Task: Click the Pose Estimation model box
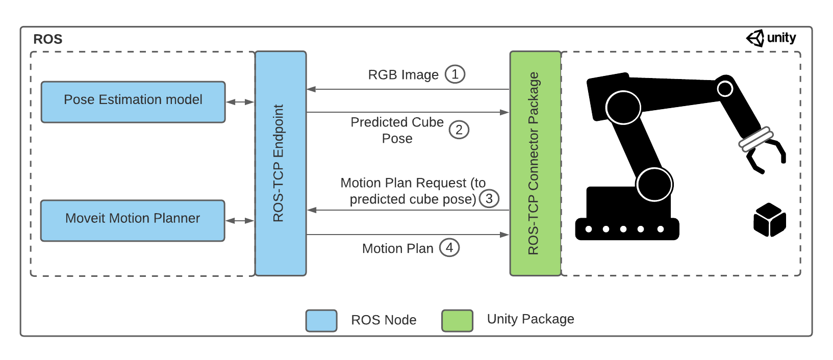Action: point(133,102)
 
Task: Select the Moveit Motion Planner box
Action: point(133,220)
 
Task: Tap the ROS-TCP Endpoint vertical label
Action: point(278,163)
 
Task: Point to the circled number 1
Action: point(455,74)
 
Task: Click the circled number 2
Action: point(459,130)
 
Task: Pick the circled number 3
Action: point(489,198)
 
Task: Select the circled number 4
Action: point(449,248)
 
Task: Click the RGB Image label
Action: point(403,75)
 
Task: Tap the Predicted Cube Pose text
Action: point(397,130)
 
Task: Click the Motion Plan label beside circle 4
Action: point(397,248)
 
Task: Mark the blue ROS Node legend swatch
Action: point(321,321)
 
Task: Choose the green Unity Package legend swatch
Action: point(457,321)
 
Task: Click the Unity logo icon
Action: point(755,38)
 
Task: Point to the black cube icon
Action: point(769,220)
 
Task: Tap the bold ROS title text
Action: point(47,39)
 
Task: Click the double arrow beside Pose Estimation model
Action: point(240,102)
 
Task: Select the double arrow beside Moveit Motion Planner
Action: point(240,221)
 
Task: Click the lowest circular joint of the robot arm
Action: point(654,185)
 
